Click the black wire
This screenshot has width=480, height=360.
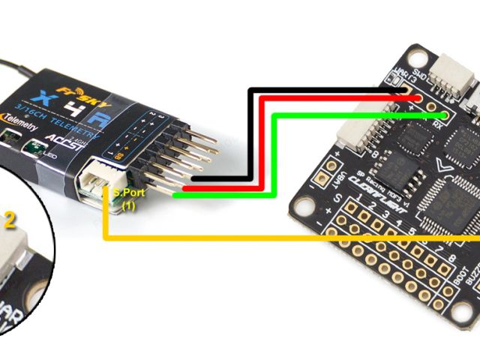[x=251, y=135]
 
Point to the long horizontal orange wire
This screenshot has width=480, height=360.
[x=300, y=239]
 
